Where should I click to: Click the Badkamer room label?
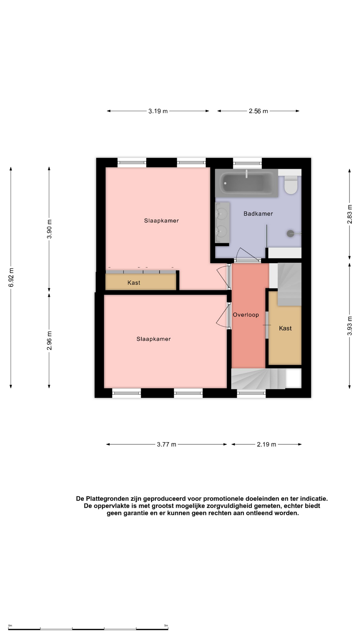pos(258,214)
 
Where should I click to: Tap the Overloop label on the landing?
pos(246,315)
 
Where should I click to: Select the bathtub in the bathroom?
pos(247,183)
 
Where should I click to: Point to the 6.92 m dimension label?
pos(11,277)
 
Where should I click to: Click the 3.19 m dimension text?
pos(158,111)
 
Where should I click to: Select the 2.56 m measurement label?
pos(258,111)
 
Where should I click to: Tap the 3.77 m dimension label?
pos(167,444)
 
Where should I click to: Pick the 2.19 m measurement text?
pos(266,444)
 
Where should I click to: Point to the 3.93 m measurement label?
pos(350,326)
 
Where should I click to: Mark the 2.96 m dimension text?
pos(49,341)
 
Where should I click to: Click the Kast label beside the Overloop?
pos(285,328)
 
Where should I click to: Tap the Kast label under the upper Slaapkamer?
pos(134,283)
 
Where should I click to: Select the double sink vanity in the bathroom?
pos(222,222)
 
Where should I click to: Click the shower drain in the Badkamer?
pos(291,234)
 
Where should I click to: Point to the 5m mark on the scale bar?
pos(166,626)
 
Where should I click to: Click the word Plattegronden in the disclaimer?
pos(107,499)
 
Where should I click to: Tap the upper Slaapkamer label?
pos(161,221)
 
